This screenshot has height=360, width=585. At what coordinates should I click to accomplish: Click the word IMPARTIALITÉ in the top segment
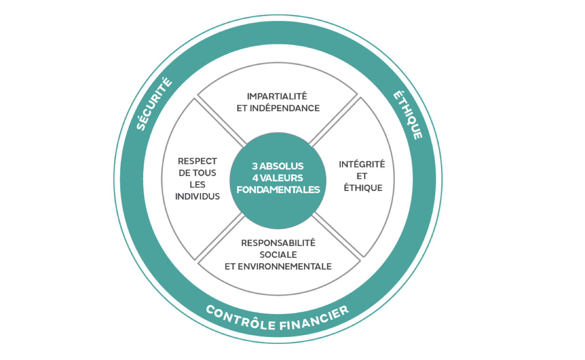pos(278,95)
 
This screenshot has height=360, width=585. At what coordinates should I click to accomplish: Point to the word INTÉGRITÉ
pos(362,164)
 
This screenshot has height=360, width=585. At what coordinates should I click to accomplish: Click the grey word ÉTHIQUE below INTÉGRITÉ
pos(363,188)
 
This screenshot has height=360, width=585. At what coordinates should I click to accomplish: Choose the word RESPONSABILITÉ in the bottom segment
pos(278,243)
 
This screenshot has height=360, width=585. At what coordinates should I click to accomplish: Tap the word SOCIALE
pos(278,255)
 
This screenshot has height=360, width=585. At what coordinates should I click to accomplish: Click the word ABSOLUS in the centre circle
pos(282,165)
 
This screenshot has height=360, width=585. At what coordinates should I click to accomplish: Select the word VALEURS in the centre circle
pos(282,177)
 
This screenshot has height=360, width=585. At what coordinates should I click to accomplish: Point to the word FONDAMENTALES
pos(278,189)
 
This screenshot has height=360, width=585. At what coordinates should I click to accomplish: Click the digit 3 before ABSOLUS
pos(255,165)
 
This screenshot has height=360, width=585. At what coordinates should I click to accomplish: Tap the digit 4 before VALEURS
pos(255,177)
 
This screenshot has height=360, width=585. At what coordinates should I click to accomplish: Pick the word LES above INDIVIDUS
pos(197,185)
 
